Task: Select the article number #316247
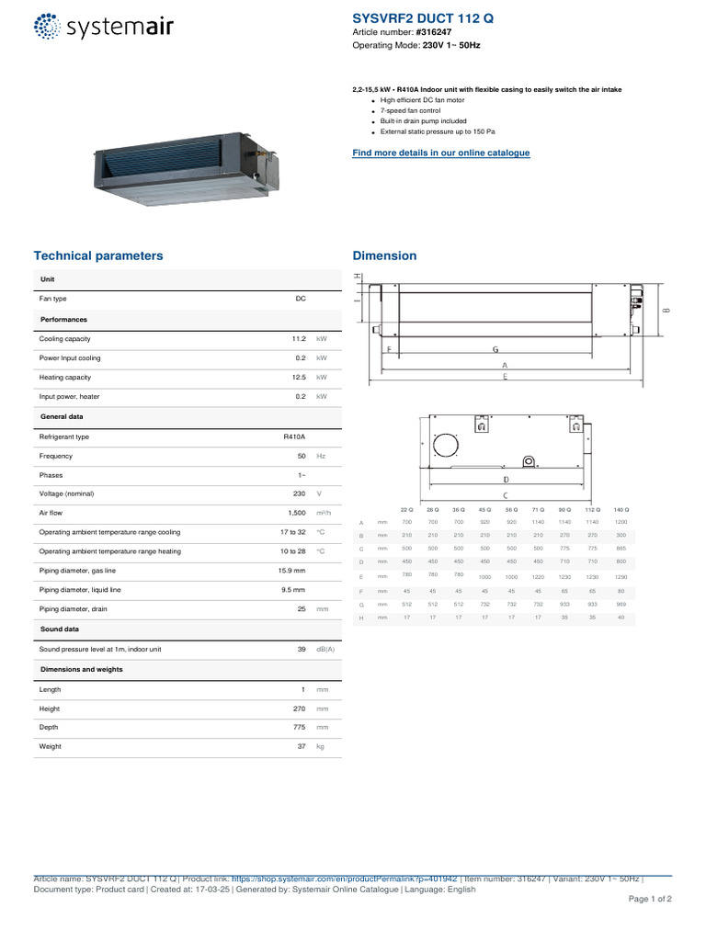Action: pos(433,31)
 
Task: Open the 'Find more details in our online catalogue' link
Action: pos(441,153)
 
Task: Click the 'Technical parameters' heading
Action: pos(98,255)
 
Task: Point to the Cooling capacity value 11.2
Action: pos(298,339)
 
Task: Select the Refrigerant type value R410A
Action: pos(294,437)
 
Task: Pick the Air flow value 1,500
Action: pos(296,513)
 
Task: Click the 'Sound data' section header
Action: pos(60,629)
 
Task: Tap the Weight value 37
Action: pos(301,747)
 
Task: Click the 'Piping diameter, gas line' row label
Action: pos(80,571)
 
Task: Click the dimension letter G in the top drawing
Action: pos(495,349)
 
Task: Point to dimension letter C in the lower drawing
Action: pos(505,495)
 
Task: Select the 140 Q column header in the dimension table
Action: pos(621,509)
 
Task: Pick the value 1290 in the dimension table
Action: pos(621,576)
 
